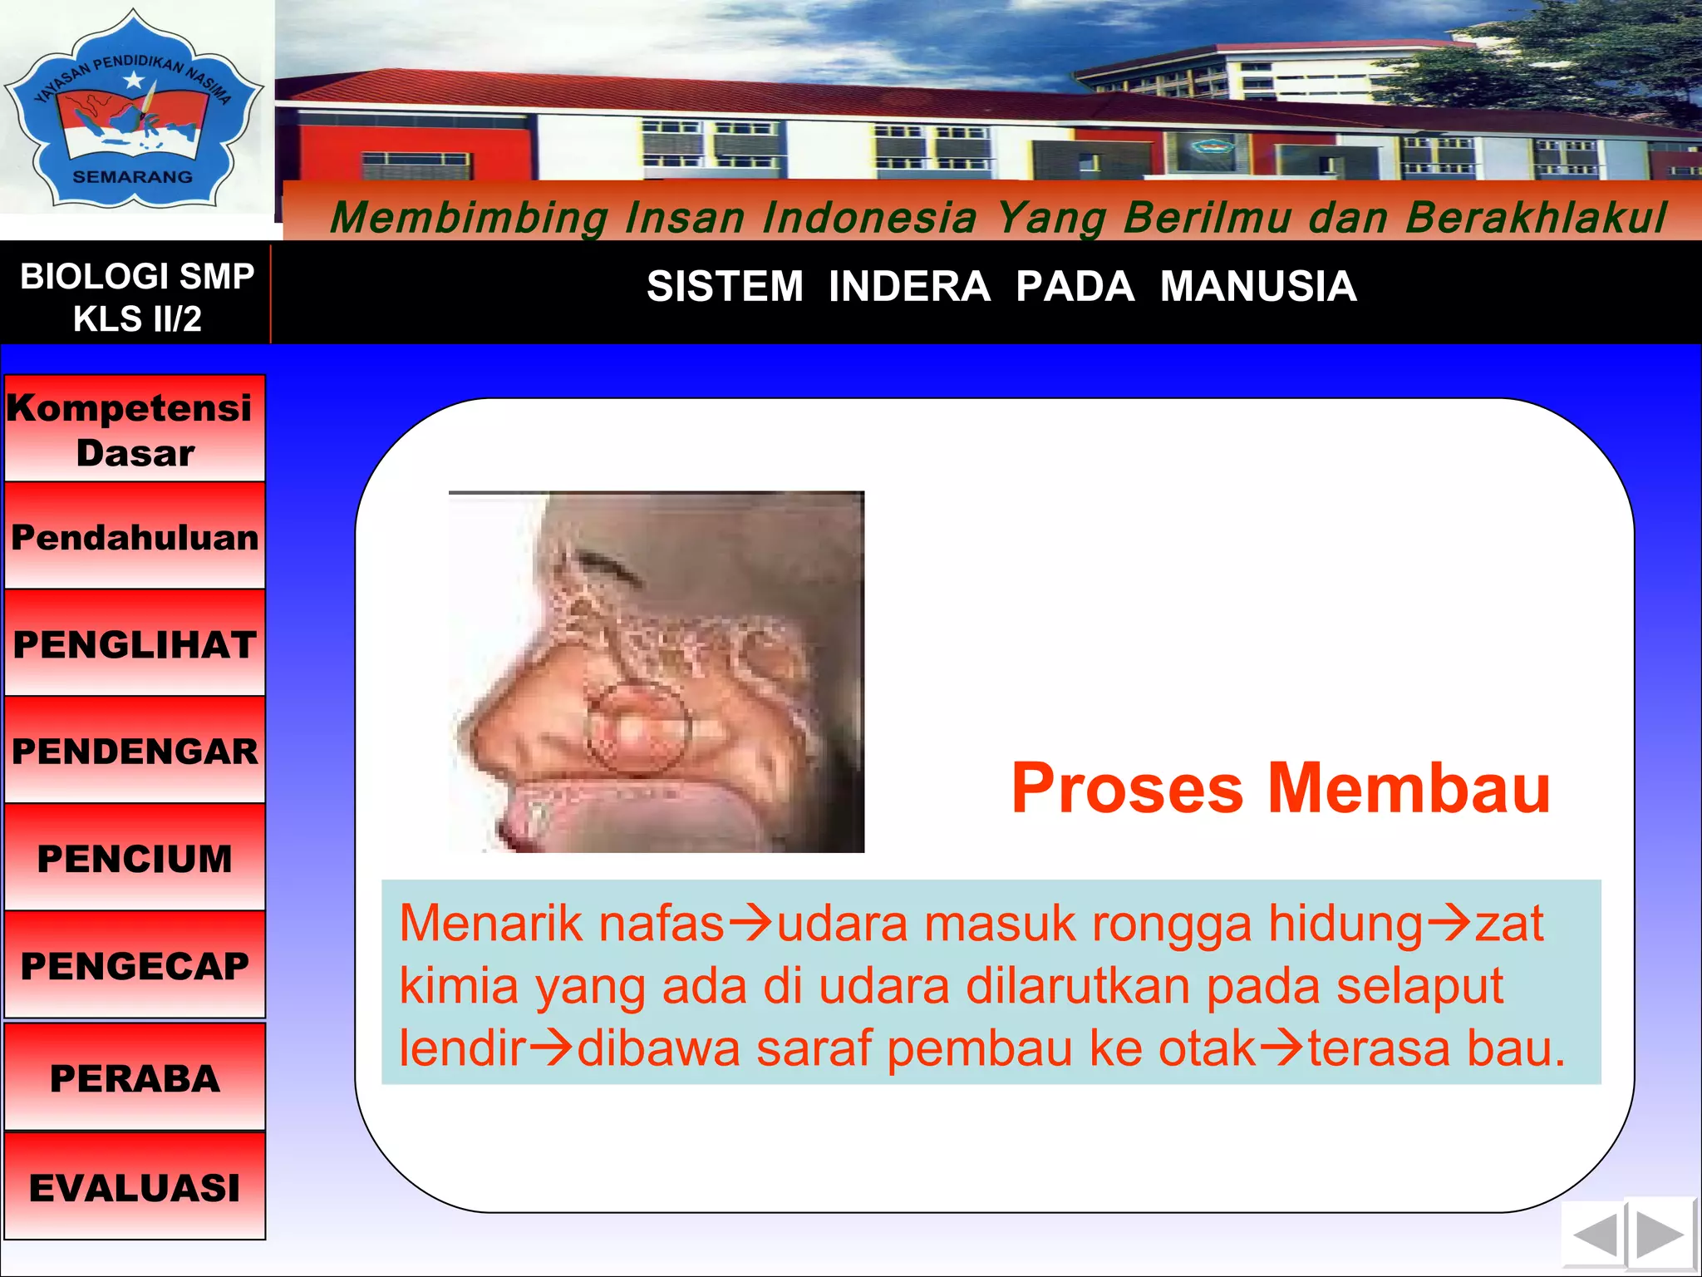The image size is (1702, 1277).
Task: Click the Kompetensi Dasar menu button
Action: click(x=135, y=429)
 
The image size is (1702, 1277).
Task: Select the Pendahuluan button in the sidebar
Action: click(x=135, y=537)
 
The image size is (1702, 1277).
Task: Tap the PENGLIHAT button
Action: click(x=135, y=644)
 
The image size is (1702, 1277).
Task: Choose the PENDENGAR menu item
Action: click(x=135, y=751)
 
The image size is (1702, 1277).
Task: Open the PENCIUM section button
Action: click(x=135, y=858)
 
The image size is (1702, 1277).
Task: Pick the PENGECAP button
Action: click(x=135, y=965)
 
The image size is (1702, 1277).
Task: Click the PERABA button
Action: click(x=135, y=1077)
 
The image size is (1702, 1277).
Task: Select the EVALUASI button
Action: click(x=135, y=1186)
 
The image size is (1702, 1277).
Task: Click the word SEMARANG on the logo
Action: click(x=133, y=176)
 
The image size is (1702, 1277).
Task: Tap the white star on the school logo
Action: click(x=134, y=81)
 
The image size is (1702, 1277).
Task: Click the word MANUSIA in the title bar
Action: click(x=1257, y=287)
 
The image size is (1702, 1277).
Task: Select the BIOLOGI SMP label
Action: click(x=137, y=276)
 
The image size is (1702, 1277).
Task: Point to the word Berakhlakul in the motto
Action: click(x=1536, y=218)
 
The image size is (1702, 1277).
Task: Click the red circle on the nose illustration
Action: click(x=638, y=728)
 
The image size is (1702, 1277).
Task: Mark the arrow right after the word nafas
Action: click(x=750, y=923)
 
